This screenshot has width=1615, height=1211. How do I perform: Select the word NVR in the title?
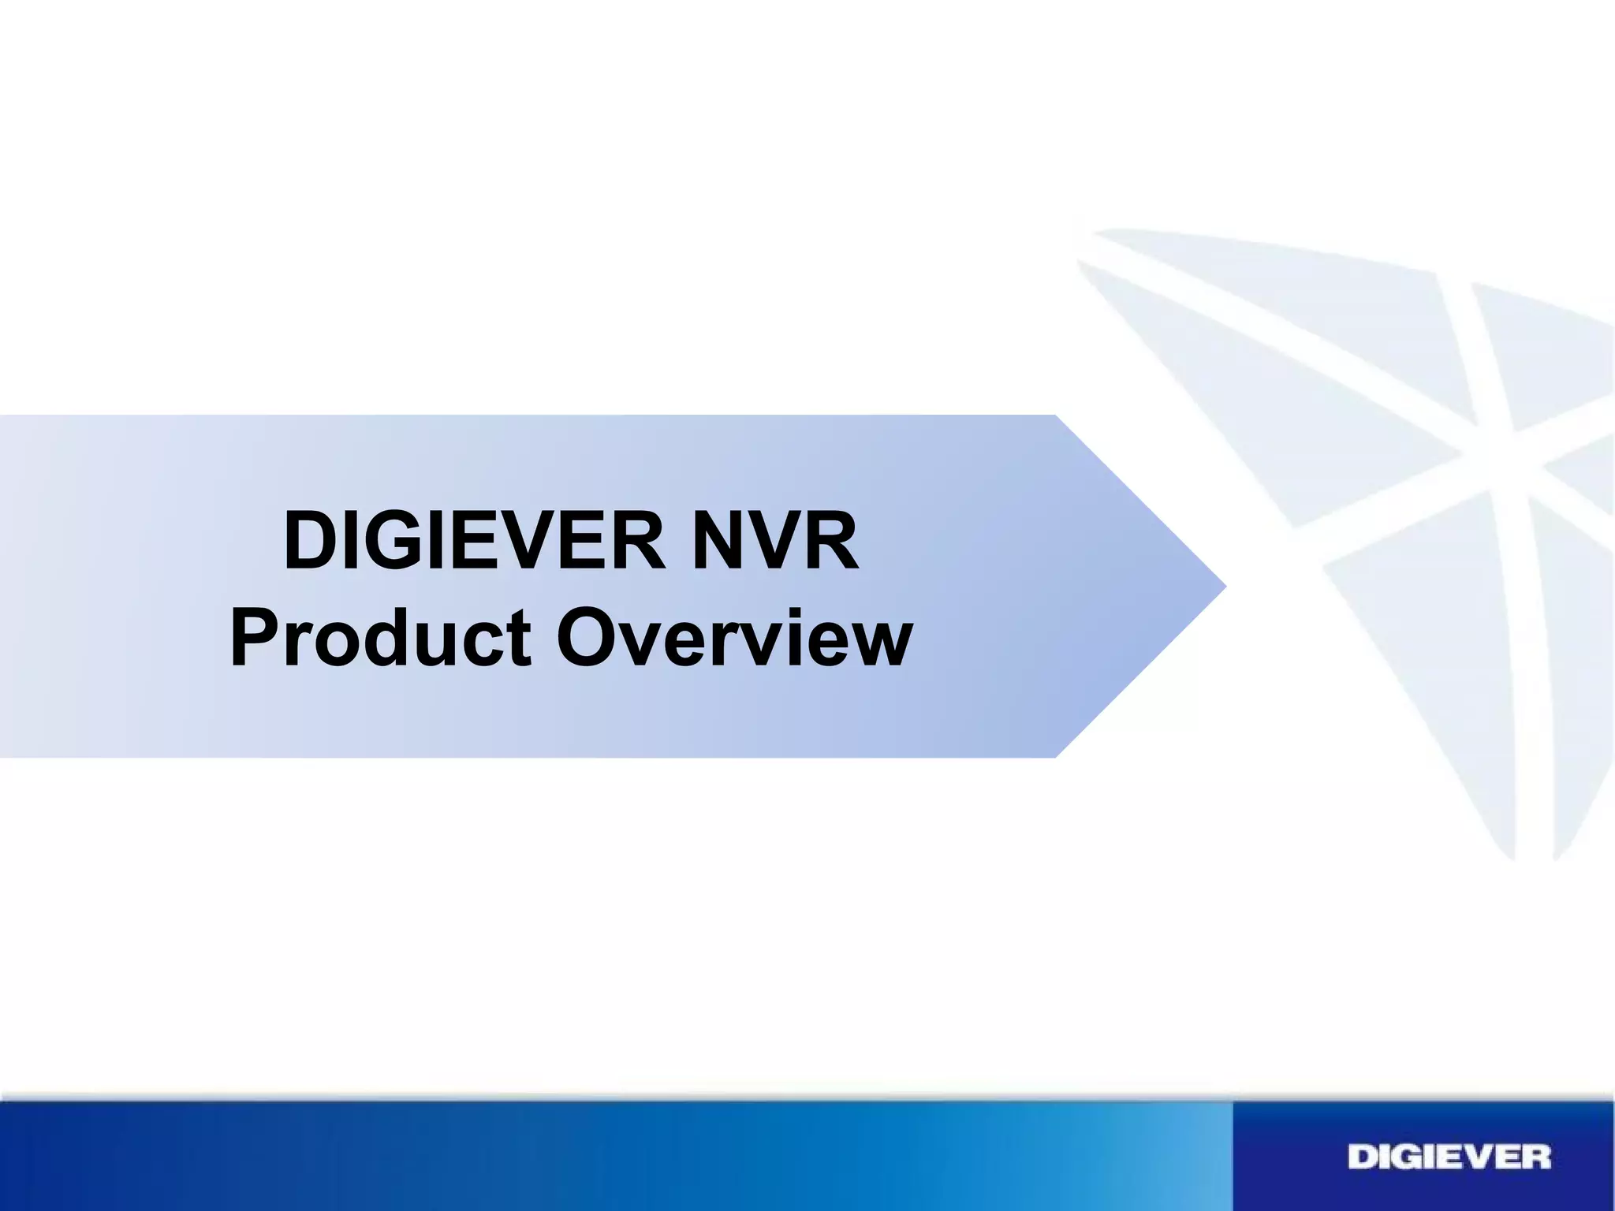(774, 542)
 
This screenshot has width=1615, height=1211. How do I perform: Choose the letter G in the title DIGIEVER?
(383, 542)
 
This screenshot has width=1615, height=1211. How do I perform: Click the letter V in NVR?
(775, 542)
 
